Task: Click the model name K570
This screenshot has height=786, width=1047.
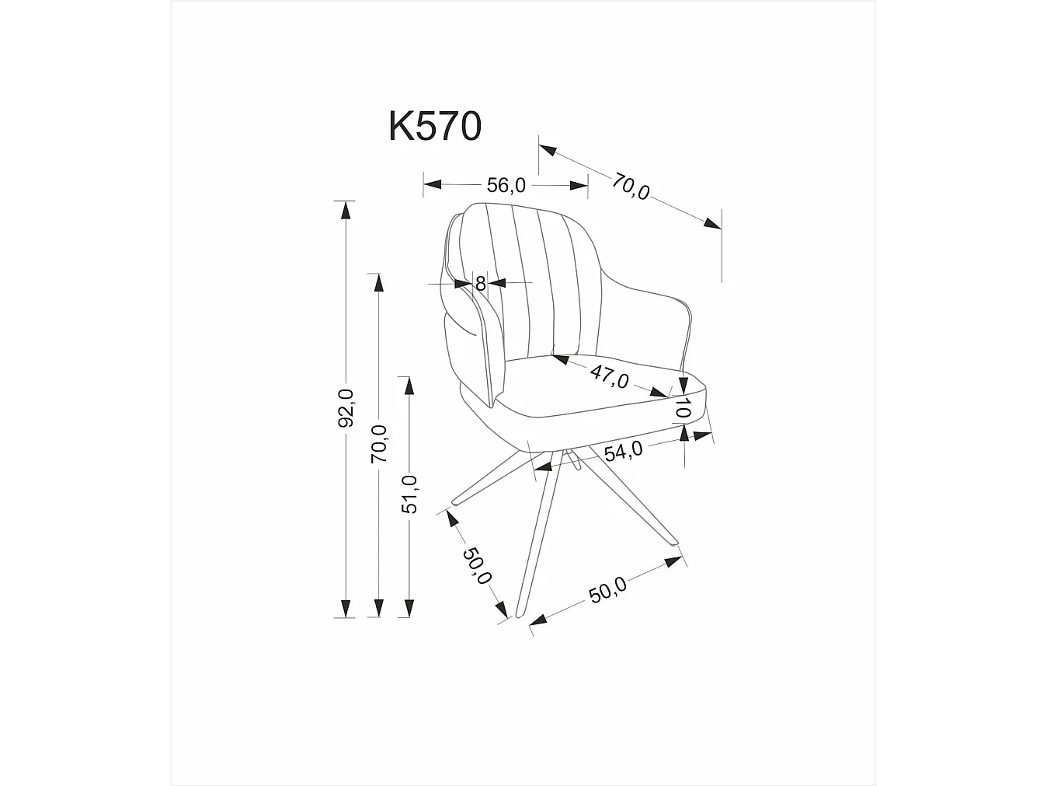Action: [x=435, y=127]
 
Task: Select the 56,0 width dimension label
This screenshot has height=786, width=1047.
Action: [x=506, y=185]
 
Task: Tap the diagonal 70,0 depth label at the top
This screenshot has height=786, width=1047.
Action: [x=630, y=187]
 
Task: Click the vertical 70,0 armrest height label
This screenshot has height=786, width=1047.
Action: [x=379, y=444]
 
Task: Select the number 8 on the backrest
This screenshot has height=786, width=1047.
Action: [x=481, y=284]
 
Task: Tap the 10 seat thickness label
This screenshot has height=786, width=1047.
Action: [x=683, y=407]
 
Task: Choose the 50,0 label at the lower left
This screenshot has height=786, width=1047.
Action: [x=477, y=565]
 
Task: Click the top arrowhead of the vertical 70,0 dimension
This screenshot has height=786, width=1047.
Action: [x=379, y=282]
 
